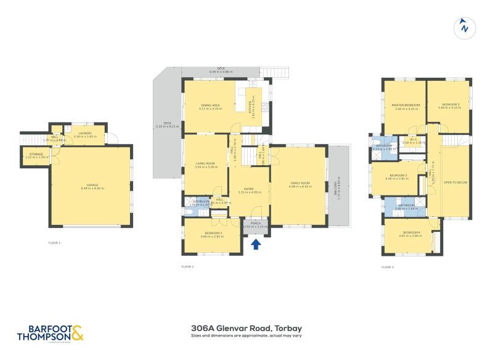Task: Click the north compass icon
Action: coord(464,27)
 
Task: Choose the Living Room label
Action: coord(206,164)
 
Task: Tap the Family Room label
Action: coord(298,184)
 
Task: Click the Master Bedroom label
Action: coord(406,105)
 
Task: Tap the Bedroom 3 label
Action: coord(397,176)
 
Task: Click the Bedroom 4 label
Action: coord(410,232)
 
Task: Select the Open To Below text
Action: coord(455,182)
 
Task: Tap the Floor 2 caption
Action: coord(187,267)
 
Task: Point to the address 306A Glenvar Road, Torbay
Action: coord(246,328)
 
